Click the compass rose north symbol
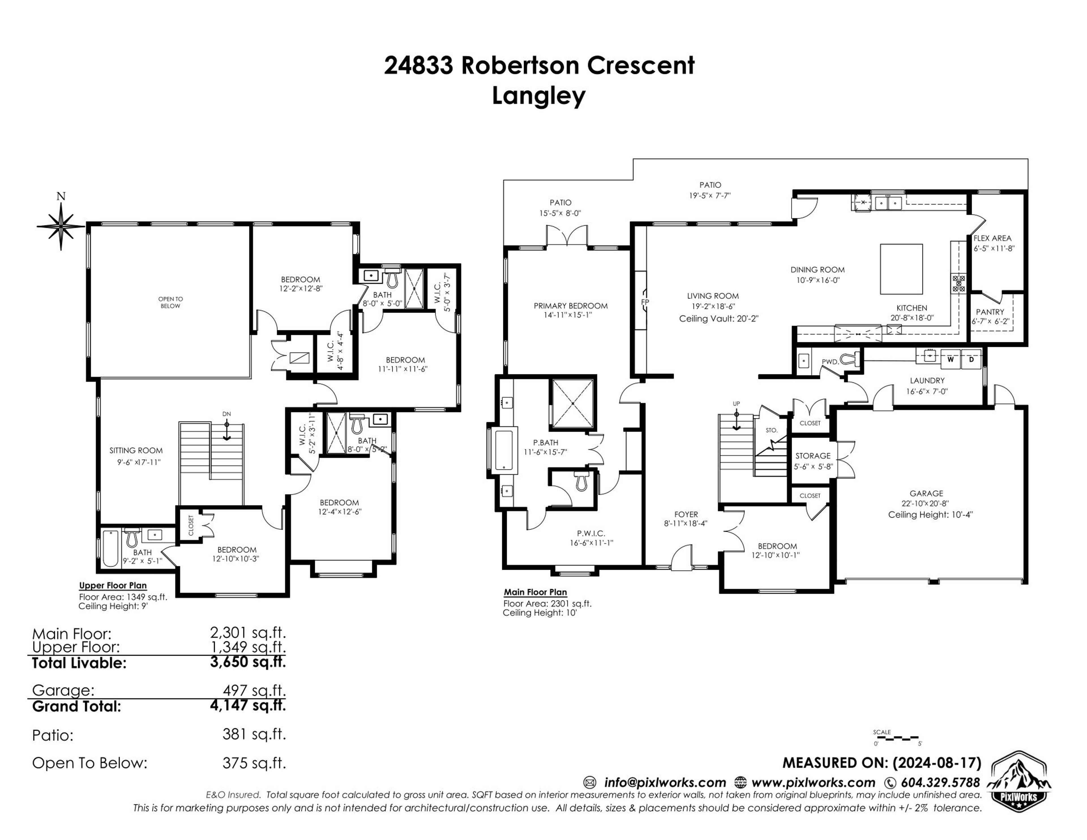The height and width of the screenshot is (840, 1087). [61, 226]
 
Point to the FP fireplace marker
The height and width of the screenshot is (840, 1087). [645, 302]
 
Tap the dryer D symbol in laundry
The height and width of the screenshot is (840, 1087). [971, 359]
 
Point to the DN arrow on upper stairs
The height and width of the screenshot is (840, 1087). [226, 429]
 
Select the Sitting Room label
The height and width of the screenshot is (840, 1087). [136, 450]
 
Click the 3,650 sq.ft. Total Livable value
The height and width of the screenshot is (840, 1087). [248, 662]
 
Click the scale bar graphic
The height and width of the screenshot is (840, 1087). [897, 737]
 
